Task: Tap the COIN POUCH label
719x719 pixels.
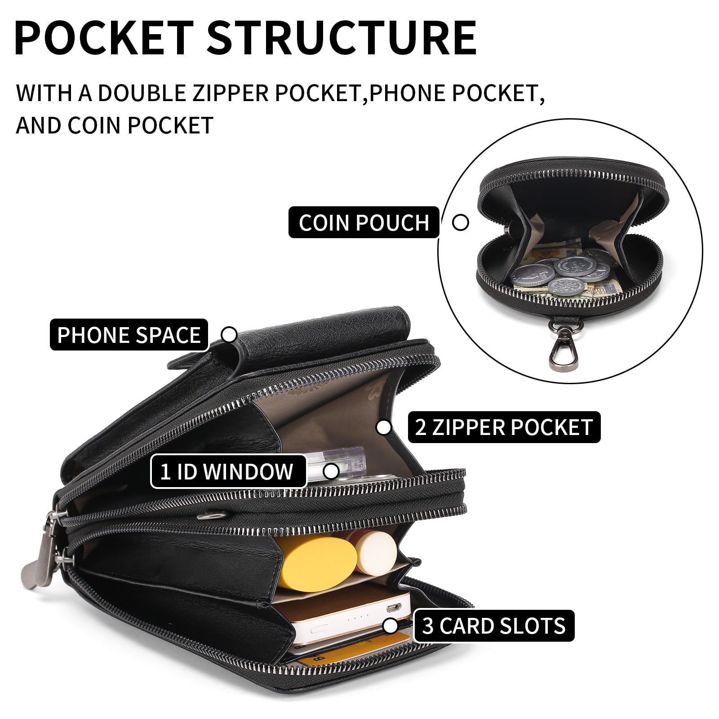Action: tap(364, 222)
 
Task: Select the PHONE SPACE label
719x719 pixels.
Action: tap(129, 335)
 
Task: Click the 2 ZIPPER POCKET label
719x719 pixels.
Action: tap(504, 427)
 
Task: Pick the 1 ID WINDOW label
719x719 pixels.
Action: tap(228, 471)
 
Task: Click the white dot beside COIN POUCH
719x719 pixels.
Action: tap(460, 222)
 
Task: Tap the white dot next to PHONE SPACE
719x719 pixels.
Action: tap(229, 335)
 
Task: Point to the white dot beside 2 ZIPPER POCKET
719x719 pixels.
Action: tap(383, 427)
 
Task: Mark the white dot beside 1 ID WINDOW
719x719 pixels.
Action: tap(331, 472)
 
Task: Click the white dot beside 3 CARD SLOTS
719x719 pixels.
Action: tap(391, 626)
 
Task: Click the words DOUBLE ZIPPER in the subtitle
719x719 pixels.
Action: tap(230, 93)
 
